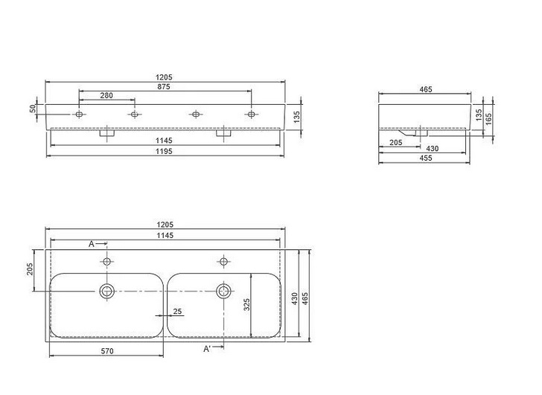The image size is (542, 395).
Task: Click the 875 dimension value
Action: (165, 86)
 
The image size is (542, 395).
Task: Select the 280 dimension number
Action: (107, 95)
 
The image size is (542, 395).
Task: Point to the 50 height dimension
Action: (33, 109)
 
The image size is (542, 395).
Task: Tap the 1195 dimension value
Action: (165, 151)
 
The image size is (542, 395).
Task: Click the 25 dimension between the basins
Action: (176, 312)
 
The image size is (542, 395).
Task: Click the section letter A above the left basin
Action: (92, 244)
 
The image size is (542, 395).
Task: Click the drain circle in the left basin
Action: (107, 289)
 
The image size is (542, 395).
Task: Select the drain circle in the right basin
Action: (223, 289)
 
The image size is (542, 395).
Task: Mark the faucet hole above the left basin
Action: (107, 261)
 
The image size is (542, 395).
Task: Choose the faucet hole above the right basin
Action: (223, 261)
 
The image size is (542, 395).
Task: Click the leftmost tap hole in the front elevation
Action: (79, 115)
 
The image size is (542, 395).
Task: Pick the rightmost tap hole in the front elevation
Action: (251, 115)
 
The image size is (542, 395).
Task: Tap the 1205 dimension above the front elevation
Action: (165, 77)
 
